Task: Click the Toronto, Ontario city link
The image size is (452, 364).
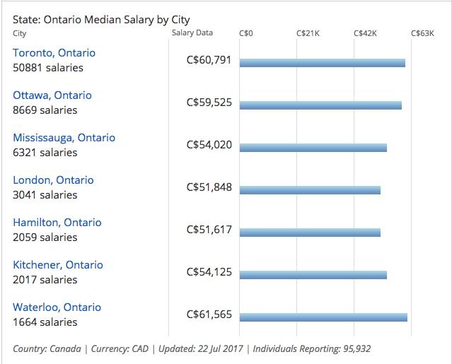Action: pos(54,53)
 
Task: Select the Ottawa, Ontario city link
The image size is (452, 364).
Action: pos(52,95)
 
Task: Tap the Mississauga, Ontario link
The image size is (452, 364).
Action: pos(64,138)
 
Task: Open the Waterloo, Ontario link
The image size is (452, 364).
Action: pos(57,307)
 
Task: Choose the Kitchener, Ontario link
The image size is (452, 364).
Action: pos(57,265)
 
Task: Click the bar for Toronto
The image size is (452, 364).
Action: pos(322,63)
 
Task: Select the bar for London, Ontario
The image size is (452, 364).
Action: pos(310,190)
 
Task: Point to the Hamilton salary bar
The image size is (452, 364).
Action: pos(310,233)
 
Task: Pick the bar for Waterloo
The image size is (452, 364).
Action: pos(323,317)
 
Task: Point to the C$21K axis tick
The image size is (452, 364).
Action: pos(308,33)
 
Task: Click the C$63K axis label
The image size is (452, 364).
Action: pos(422,33)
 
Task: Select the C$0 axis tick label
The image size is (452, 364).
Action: pos(246,33)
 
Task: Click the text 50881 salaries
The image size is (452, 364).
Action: pos(48,68)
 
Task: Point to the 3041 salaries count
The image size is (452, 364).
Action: pos(45,195)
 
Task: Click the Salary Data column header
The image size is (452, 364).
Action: pos(192,33)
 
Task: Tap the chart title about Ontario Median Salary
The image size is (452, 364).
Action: pos(101,20)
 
